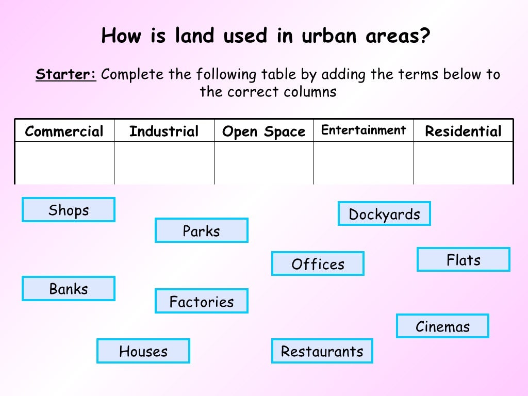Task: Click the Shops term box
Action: tap(69, 210)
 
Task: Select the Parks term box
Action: tap(201, 230)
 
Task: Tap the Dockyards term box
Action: tap(384, 214)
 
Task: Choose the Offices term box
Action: tap(318, 264)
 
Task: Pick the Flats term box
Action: tap(463, 260)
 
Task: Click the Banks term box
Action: tap(69, 289)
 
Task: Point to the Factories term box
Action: tap(201, 301)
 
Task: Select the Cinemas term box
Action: tap(442, 326)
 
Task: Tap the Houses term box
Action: tap(143, 351)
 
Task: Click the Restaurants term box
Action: tap(322, 351)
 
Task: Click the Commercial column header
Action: tap(64, 131)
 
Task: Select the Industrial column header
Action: tap(164, 131)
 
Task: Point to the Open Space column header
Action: tap(263, 131)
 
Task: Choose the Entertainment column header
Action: tap(364, 130)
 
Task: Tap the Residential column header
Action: tap(463, 131)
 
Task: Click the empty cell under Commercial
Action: tap(64, 162)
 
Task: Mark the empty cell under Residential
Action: tap(463, 162)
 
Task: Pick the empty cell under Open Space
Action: tap(263, 162)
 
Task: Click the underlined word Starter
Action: tap(65, 75)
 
